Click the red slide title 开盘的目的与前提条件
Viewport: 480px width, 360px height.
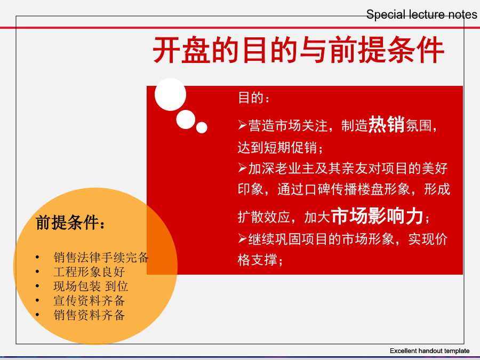(x=299, y=50)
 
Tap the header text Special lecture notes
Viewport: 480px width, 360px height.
(x=421, y=14)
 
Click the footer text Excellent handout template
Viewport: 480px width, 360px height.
(x=429, y=351)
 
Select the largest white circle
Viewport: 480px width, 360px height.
(x=170, y=94)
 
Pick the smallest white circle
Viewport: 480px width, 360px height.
(x=202, y=127)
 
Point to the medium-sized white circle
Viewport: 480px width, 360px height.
(x=186, y=119)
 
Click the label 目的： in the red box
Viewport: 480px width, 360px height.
(x=253, y=98)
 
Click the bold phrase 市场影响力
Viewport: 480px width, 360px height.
(x=377, y=215)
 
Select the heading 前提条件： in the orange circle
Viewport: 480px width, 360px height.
(x=70, y=222)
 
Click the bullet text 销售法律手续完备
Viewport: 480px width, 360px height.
(x=101, y=258)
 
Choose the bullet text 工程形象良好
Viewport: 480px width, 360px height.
(x=89, y=272)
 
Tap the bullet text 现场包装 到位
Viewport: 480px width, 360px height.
(x=91, y=286)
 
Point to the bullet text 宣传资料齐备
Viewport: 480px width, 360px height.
(x=89, y=301)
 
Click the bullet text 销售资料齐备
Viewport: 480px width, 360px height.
(x=89, y=315)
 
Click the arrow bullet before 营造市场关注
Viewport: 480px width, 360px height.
(x=243, y=125)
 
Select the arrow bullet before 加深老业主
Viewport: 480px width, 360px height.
(x=243, y=167)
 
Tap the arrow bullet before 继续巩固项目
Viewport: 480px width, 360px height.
(x=243, y=238)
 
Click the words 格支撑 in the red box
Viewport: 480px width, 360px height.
(x=257, y=260)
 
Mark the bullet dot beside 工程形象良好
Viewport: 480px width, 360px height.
(x=37, y=271)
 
